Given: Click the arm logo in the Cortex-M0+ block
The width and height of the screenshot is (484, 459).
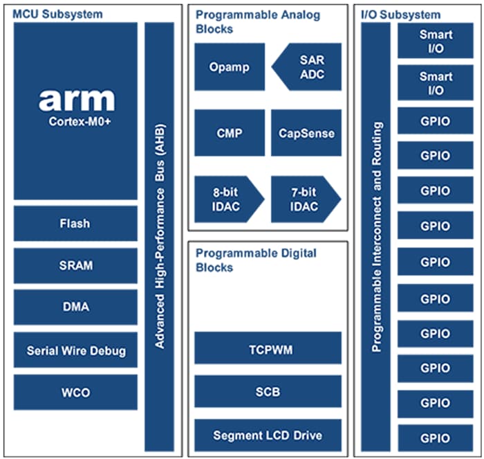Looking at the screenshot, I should pos(76,99).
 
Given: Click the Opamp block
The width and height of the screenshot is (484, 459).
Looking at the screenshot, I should pos(229,67).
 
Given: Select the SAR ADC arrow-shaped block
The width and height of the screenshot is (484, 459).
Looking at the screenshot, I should pos(308,67).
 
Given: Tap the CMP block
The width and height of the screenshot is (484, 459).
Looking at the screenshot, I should pos(229,133).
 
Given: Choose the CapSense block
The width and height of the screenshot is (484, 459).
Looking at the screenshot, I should pos(306,133).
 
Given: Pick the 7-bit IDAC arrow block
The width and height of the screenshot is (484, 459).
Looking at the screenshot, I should pos(304,199).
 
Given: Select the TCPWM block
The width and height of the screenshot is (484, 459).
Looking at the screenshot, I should pos(268,348).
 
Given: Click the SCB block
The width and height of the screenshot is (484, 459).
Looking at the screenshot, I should pos(268,392).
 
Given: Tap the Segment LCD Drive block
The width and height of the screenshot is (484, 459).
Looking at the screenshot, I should pos(268,435).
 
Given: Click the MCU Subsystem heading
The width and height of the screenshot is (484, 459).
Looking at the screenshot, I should pos(57,14).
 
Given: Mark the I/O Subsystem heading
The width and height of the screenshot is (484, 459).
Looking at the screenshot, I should pos(401,14).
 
